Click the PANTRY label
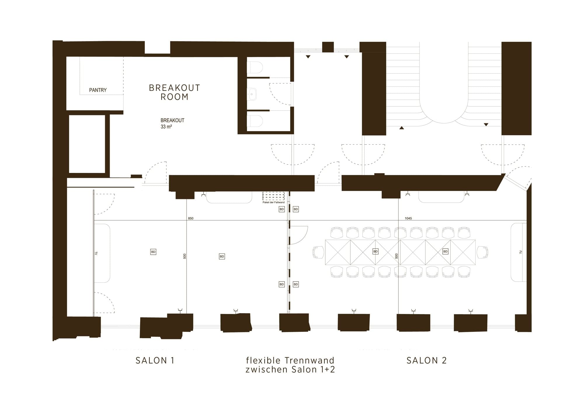(98, 90)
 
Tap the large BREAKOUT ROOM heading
(175, 92)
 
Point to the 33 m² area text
(166, 127)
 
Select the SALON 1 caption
(155, 360)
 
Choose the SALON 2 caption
(427, 360)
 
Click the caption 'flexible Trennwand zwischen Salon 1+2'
(290, 365)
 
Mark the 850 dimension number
(191, 218)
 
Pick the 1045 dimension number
(408, 218)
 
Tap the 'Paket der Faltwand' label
(274, 202)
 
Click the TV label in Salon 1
(96, 253)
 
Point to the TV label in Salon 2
(521, 252)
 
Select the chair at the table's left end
(318, 252)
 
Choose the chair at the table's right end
(482, 252)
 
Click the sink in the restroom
(252, 94)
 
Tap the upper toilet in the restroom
(255, 67)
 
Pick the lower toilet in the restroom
(255, 121)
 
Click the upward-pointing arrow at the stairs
(402, 128)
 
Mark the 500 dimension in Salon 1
(185, 256)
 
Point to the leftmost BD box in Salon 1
(153, 252)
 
